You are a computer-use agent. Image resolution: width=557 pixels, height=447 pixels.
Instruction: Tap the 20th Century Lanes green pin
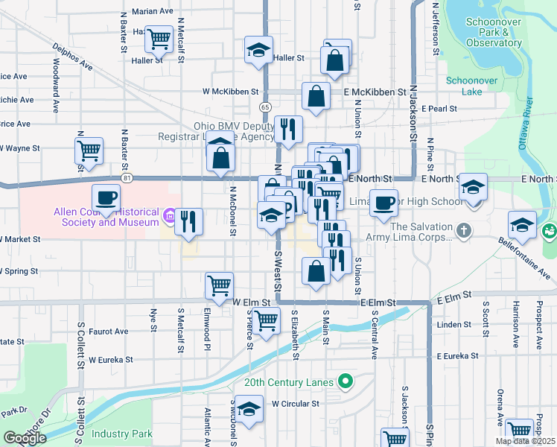(x=344, y=382)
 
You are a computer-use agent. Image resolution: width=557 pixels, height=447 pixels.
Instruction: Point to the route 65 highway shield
(x=265, y=107)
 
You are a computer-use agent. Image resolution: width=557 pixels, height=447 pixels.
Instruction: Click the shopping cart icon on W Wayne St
(x=89, y=150)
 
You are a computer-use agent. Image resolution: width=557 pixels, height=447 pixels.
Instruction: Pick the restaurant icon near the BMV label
(x=288, y=128)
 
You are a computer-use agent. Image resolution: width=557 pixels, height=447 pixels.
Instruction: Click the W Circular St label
(x=295, y=404)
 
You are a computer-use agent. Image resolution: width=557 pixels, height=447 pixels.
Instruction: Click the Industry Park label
(x=121, y=434)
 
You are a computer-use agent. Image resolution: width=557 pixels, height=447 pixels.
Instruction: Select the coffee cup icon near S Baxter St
(x=106, y=198)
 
